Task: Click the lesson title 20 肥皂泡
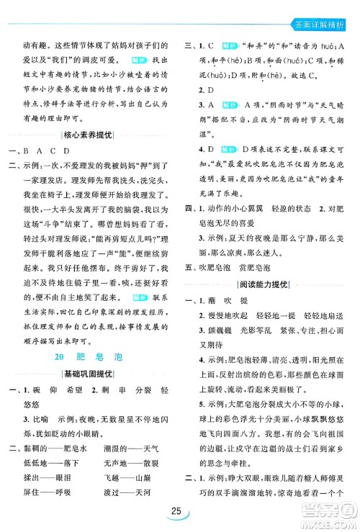click(92, 339)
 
